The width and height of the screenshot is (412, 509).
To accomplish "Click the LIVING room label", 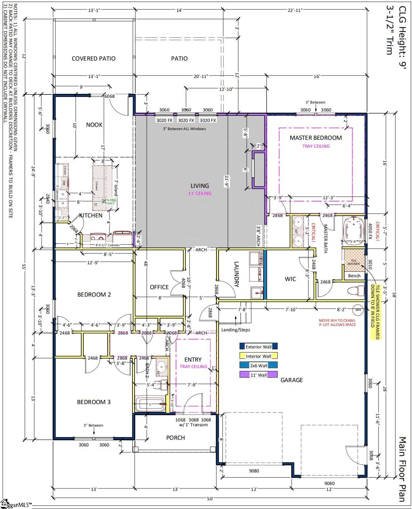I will coord(200,186).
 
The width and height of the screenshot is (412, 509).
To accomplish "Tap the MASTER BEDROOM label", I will coord(315,138).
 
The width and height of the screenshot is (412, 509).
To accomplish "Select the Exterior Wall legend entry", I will coord(258,347).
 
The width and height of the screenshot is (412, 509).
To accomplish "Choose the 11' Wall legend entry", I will coord(258,375).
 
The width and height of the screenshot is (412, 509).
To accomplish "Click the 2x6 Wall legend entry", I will coord(258,365).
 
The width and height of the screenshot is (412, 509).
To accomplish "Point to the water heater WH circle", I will coord(358,310).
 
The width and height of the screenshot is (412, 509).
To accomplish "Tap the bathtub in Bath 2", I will coord(150,404).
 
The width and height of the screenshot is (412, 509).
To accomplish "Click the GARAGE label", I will coord(292,380).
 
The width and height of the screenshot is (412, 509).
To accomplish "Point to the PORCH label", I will coord(175,438).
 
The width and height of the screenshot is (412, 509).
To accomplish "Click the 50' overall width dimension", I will coord(210,499).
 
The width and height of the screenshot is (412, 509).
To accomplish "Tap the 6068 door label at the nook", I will coord(109,96).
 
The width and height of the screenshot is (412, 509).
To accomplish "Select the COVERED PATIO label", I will coord(93,59).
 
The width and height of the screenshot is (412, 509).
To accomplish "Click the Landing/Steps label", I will coord(236,330).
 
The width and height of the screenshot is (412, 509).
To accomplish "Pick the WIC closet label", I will coord(290,279).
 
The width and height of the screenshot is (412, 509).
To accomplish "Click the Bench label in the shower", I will coord(354,276).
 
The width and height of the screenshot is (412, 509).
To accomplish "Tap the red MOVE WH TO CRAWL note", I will coord(337,322).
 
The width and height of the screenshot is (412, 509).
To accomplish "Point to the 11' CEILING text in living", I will coord(200,193).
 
